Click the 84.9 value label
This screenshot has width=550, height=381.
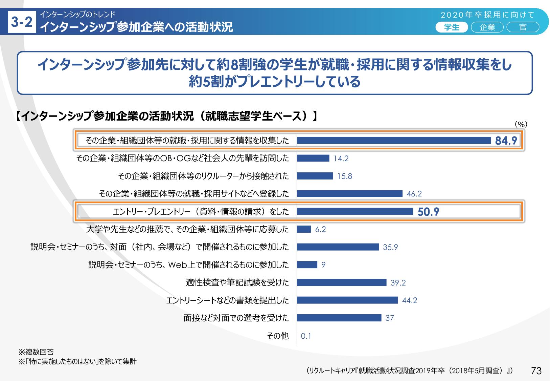pyautogui.click(x=506, y=141)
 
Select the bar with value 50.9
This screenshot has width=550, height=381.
pyautogui.click(x=355, y=211)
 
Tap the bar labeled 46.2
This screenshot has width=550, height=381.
pyautogui.click(x=349, y=194)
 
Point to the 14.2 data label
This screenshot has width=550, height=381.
pyautogui.click(x=341, y=158)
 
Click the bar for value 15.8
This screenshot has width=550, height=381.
pyautogui.click(x=315, y=176)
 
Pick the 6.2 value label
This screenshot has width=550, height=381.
pyautogui.click(x=320, y=229)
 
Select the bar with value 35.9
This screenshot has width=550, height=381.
pyautogui.click(x=338, y=247)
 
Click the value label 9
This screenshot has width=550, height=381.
pyautogui.click(x=323, y=265)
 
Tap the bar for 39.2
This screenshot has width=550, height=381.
pyautogui.click(x=341, y=282)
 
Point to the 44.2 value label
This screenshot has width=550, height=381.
pyautogui.click(x=410, y=300)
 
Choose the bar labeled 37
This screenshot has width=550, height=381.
pyautogui.click(x=339, y=318)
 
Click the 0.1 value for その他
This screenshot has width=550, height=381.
pyautogui.click(x=306, y=336)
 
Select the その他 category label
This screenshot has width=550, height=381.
pyautogui.click(x=278, y=336)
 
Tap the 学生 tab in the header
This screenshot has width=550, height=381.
pyautogui.click(x=452, y=27)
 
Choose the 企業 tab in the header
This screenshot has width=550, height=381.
pyautogui.click(x=487, y=27)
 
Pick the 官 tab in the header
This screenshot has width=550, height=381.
pyautogui.click(x=523, y=27)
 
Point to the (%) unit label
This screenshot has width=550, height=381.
pyautogui.click(x=521, y=124)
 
